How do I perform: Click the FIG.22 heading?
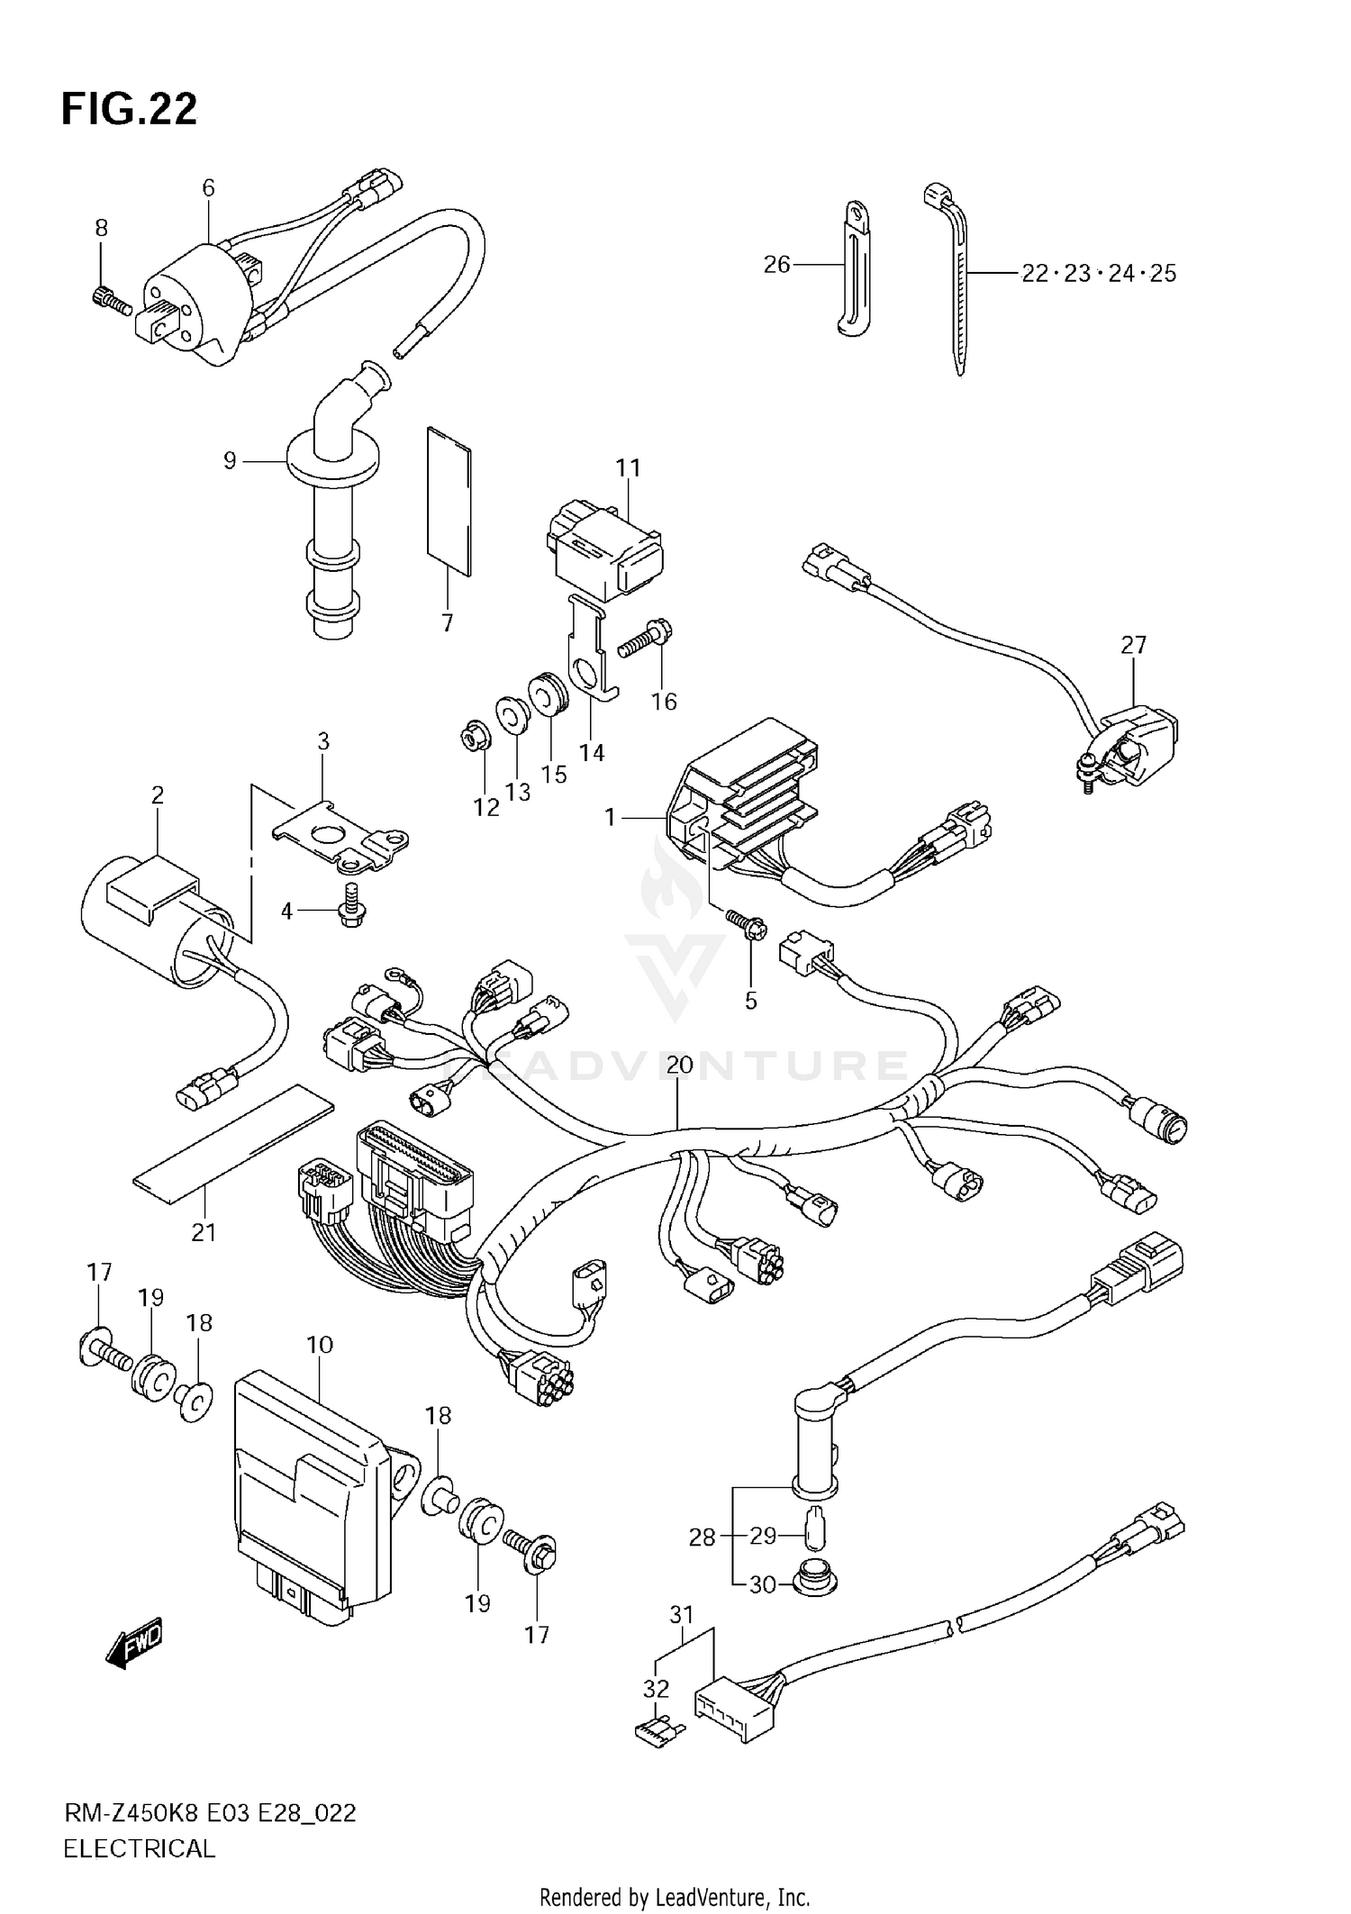coord(129,109)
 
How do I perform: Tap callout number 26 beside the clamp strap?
coord(776,264)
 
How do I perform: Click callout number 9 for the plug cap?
coord(230,461)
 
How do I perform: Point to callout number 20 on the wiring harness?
coord(680,1065)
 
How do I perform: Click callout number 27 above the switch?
coord(1133,645)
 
